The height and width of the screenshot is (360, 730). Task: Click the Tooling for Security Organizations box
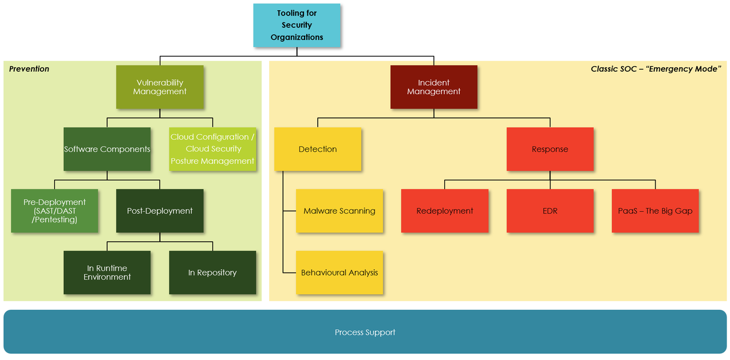tap(297, 25)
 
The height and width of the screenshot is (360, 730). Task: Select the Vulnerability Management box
tap(160, 87)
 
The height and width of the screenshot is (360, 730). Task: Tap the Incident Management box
tap(433, 87)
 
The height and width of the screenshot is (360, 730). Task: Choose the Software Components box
tap(107, 149)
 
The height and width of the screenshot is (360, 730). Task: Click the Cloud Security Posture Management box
tap(213, 149)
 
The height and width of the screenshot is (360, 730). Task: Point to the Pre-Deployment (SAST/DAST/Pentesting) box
tap(54, 211)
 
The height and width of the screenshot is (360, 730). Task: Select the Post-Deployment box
tap(160, 211)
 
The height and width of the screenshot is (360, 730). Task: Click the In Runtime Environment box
tap(107, 272)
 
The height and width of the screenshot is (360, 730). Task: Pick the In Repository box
tap(213, 272)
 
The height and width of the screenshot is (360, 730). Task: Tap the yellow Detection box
tap(318, 149)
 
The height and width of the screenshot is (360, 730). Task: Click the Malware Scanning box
tap(339, 211)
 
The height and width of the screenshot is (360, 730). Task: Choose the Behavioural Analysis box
tap(339, 272)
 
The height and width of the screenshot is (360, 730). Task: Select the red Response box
tap(550, 149)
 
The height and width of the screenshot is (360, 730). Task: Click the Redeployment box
tap(445, 211)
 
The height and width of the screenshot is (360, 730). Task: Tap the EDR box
tap(550, 211)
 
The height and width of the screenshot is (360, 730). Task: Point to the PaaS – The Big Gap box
tap(655, 211)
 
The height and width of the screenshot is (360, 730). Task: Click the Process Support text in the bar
tap(365, 332)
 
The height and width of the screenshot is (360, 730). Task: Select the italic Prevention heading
tap(29, 69)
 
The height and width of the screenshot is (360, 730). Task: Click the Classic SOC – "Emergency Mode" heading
tap(656, 69)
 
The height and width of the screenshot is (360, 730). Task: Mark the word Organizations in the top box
tap(297, 37)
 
